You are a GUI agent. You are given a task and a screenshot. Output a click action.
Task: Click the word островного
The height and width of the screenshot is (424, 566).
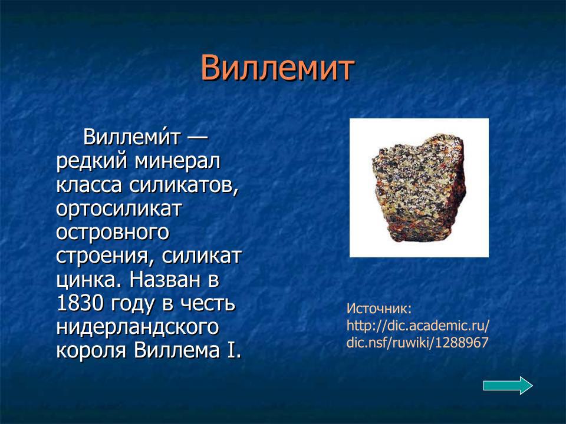click(113, 233)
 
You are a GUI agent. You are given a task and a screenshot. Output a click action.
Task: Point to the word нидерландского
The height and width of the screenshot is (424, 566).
click(137, 327)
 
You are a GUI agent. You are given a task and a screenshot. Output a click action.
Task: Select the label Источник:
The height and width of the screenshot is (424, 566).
click(378, 309)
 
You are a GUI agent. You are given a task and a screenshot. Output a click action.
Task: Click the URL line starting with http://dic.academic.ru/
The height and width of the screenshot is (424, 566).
click(418, 326)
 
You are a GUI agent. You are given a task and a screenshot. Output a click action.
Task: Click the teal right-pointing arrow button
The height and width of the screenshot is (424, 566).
click(508, 386)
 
